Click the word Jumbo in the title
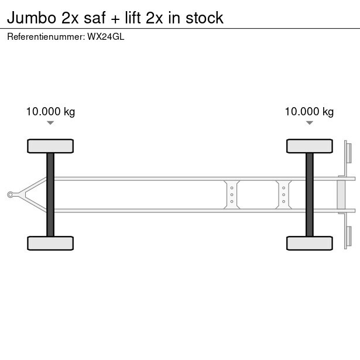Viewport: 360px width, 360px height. click(32, 18)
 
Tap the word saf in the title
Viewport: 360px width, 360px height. click(95, 18)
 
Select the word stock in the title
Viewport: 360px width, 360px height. click(204, 18)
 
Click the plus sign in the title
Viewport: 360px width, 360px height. click(115, 19)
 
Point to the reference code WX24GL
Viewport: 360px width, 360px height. click(105, 37)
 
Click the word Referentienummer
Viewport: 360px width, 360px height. click(45, 37)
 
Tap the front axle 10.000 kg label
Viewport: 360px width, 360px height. click(50, 112)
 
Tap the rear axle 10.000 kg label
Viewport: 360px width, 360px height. click(309, 112)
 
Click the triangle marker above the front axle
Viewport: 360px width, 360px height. click(50, 123)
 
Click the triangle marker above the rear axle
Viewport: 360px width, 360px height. click(310, 123)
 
